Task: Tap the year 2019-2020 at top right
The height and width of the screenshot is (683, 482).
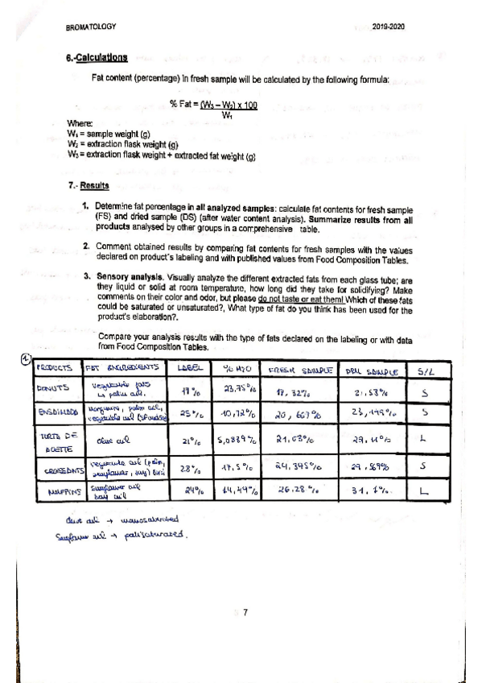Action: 389,27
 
